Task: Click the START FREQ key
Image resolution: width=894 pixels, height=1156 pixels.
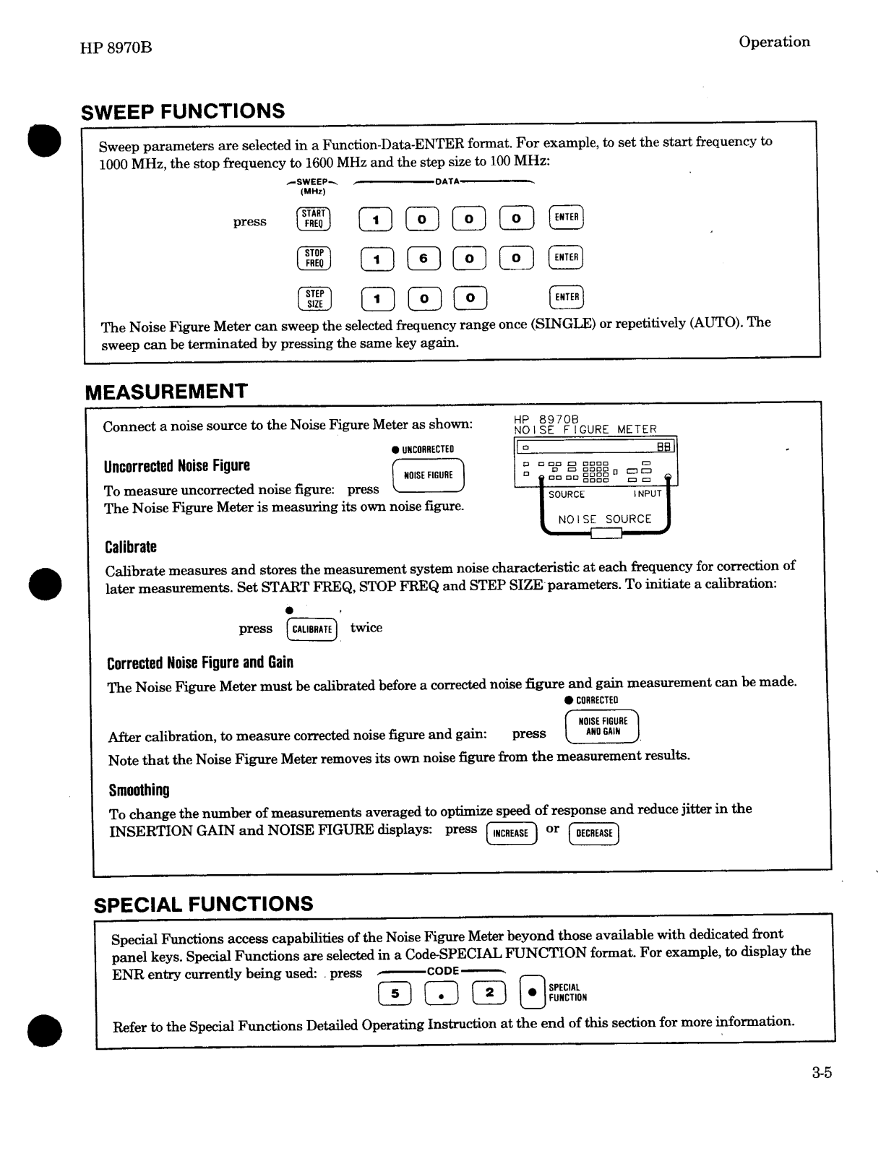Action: [313, 219]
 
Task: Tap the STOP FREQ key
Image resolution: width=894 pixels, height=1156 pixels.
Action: [314, 259]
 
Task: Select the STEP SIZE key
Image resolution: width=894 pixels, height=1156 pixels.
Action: [314, 298]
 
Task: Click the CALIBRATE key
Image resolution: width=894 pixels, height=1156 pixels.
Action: [311, 629]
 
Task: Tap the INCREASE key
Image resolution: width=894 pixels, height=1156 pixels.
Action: [511, 833]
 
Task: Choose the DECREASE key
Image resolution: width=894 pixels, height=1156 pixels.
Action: [594, 833]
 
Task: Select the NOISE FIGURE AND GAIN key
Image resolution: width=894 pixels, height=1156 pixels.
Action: [602, 727]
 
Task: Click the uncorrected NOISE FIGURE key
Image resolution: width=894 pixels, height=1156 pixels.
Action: [428, 475]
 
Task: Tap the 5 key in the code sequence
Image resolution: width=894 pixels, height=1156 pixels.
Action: [395, 994]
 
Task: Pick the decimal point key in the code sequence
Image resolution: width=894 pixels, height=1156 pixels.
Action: [441, 994]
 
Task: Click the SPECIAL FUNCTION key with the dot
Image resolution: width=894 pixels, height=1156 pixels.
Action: [533, 993]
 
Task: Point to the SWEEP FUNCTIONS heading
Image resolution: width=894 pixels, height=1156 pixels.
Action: [183, 112]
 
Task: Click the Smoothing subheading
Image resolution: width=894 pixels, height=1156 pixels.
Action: [139, 790]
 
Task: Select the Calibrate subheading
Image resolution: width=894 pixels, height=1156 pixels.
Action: [131, 547]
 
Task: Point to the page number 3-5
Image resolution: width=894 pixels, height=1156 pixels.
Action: [821, 1073]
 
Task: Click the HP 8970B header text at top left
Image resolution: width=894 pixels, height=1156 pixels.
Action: [116, 48]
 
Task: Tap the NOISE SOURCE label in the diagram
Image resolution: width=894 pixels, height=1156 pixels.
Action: [604, 519]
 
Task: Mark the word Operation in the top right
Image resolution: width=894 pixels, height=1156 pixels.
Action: [774, 42]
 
